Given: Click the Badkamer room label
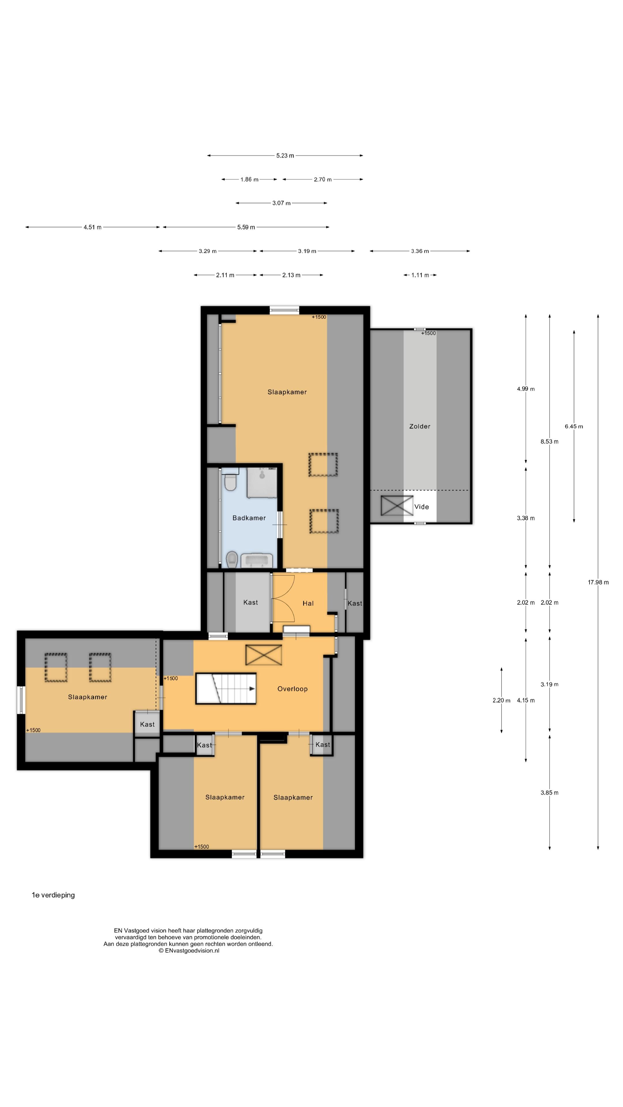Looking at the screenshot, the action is [249, 518].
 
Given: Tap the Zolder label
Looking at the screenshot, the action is [420, 426].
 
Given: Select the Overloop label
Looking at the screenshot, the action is [292, 689].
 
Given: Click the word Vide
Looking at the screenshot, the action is [421, 507].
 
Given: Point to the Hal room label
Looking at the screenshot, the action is [308, 603].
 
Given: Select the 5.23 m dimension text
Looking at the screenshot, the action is [285, 156].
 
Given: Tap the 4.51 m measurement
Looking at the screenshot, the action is [92, 227].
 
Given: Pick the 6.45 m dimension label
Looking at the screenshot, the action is [574, 426].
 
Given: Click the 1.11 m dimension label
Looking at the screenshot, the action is [420, 275].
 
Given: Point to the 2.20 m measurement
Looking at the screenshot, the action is [501, 701].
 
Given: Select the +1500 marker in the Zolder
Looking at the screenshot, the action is [428, 333].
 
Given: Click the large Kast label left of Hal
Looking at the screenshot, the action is [251, 603].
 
